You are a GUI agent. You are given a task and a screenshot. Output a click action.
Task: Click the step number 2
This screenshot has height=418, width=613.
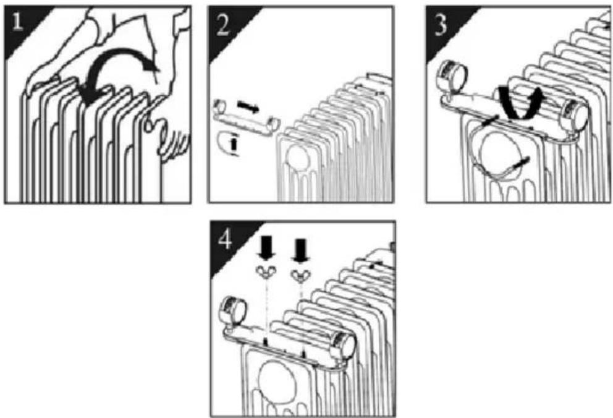pyautogui.click(x=223, y=26)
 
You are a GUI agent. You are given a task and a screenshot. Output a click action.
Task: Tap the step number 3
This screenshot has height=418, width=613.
pyautogui.click(x=441, y=26)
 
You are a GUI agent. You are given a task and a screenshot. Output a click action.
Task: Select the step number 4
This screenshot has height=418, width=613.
pyautogui.click(x=225, y=239)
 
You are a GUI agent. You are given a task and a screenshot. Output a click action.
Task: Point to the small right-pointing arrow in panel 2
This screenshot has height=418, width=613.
pyautogui.click(x=248, y=106)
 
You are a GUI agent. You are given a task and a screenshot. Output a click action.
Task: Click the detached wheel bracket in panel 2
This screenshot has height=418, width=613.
pyautogui.click(x=247, y=117)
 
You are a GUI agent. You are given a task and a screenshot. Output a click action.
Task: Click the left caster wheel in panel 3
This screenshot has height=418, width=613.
pyautogui.click(x=454, y=76)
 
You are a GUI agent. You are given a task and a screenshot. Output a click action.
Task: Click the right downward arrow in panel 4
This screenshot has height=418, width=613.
pyautogui.click(x=301, y=251)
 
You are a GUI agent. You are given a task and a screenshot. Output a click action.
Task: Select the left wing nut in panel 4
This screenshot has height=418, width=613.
pyautogui.click(x=266, y=271)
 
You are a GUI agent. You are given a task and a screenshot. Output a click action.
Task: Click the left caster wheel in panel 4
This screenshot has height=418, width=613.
pyautogui.click(x=234, y=311)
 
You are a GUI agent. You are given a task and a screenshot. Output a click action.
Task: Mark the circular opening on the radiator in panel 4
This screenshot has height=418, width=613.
pyautogui.click(x=276, y=382)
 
